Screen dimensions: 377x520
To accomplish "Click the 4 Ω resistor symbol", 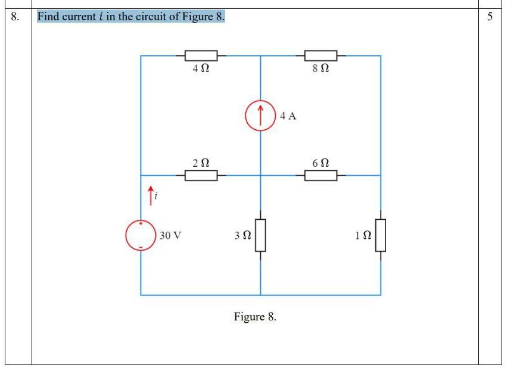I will [201, 56].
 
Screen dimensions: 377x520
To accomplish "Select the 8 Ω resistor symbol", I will [320, 56].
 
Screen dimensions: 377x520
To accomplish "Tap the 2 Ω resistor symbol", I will [201, 176].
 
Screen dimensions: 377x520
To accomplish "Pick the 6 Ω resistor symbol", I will [320, 176].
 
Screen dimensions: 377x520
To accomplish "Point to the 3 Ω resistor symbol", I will [260, 235].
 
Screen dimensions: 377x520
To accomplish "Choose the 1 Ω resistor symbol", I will [381, 235].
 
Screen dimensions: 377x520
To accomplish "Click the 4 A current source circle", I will [260, 116].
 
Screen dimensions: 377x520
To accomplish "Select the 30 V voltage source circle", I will [141, 235].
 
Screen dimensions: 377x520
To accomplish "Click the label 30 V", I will [170, 235].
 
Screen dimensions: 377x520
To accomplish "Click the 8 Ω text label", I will [320, 69].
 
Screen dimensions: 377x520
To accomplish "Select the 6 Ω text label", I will [320, 163].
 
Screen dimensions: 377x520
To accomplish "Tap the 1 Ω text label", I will [363, 236].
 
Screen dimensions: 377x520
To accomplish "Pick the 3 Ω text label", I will [242, 236].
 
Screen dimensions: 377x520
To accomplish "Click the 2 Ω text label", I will [201, 163].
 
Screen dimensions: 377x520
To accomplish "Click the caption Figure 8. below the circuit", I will [255, 316].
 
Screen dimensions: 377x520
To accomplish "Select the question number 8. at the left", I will [15, 17].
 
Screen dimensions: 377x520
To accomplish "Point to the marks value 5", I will [490, 17].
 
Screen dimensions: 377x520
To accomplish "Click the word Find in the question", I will [49, 17].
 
